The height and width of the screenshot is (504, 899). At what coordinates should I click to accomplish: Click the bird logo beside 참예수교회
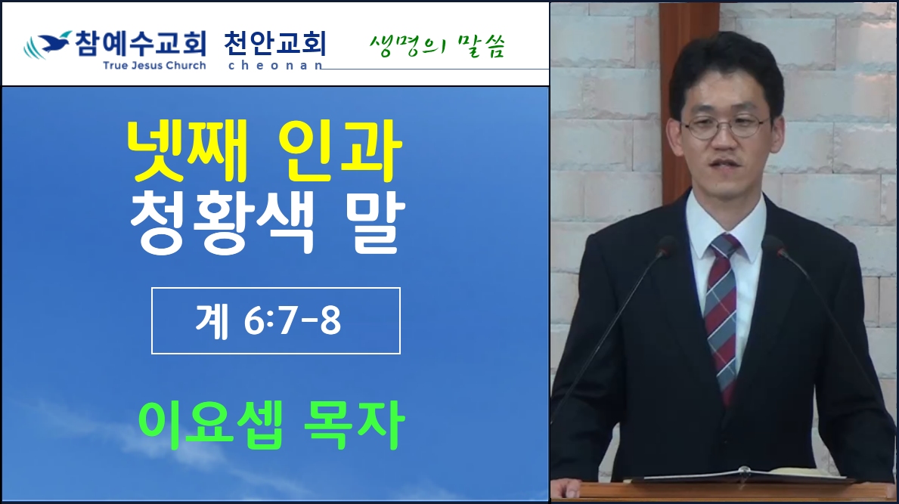47,45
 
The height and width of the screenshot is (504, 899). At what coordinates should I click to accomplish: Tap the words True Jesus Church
154,65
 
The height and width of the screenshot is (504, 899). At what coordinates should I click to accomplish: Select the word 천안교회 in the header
274,44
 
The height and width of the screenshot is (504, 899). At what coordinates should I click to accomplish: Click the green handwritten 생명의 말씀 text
437,46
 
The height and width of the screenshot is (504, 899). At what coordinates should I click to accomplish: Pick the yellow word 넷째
187,150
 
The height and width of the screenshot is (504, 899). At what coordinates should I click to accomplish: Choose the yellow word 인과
339,150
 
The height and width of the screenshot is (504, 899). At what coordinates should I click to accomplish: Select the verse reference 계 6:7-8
268,320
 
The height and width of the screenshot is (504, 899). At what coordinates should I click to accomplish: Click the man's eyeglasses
724,127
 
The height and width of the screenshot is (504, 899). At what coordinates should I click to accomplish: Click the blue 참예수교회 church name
141,44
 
